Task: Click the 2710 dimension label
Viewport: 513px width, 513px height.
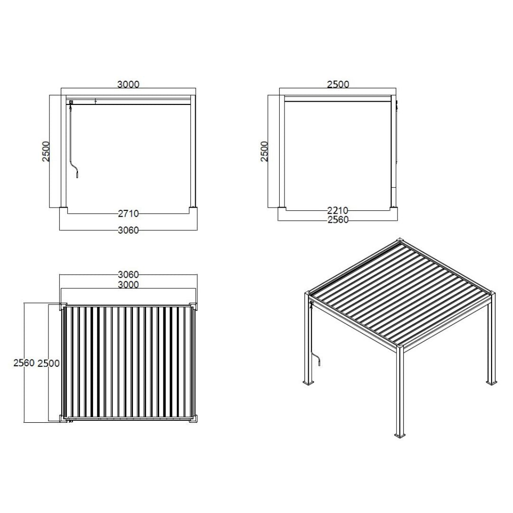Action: tap(128, 214)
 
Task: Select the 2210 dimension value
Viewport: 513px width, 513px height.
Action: tap(338, 210)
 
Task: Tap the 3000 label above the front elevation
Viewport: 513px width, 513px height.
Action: tap(128, 85)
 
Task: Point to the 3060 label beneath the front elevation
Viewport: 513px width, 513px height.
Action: tap(128, 230)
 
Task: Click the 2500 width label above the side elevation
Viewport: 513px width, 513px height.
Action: tap(338, 85)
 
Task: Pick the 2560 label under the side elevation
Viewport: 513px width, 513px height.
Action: tap(338, 220)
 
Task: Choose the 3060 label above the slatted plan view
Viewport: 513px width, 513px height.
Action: tap(128, 275)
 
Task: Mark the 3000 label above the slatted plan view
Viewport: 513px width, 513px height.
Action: tap(128, 285)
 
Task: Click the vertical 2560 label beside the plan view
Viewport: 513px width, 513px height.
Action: tap(24, 363)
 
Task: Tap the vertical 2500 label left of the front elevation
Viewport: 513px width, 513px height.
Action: tap(46, 151)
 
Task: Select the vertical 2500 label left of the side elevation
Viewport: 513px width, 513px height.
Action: tap(265, 151)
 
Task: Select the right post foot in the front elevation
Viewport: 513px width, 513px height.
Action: tap(193, 207)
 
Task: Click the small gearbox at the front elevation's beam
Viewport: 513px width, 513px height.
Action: tap(71, 102)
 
